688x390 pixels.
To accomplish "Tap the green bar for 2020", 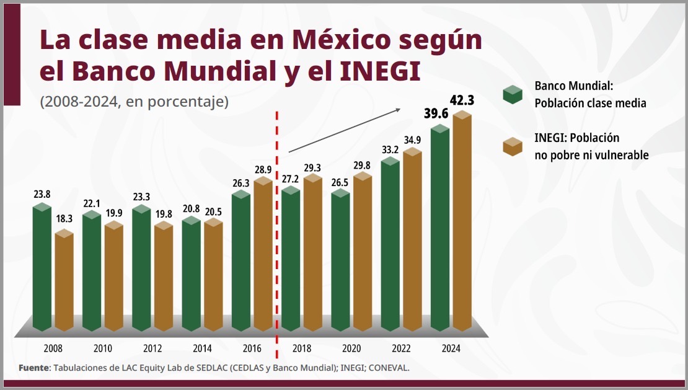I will pos(340,260).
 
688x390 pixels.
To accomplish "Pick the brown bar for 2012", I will pos(164,276).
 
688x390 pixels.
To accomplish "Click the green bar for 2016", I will pos(241,260).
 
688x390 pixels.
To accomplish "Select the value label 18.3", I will pos(64,219).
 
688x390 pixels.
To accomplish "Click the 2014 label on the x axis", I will pos(202,348).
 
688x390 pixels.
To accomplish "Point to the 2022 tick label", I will pos(401,348).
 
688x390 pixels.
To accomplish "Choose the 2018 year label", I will pos(301,348).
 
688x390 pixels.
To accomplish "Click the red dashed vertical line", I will pos(276,236).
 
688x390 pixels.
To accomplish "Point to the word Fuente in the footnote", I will pos(34,368).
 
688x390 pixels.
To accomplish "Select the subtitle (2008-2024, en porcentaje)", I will pos(134,101).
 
